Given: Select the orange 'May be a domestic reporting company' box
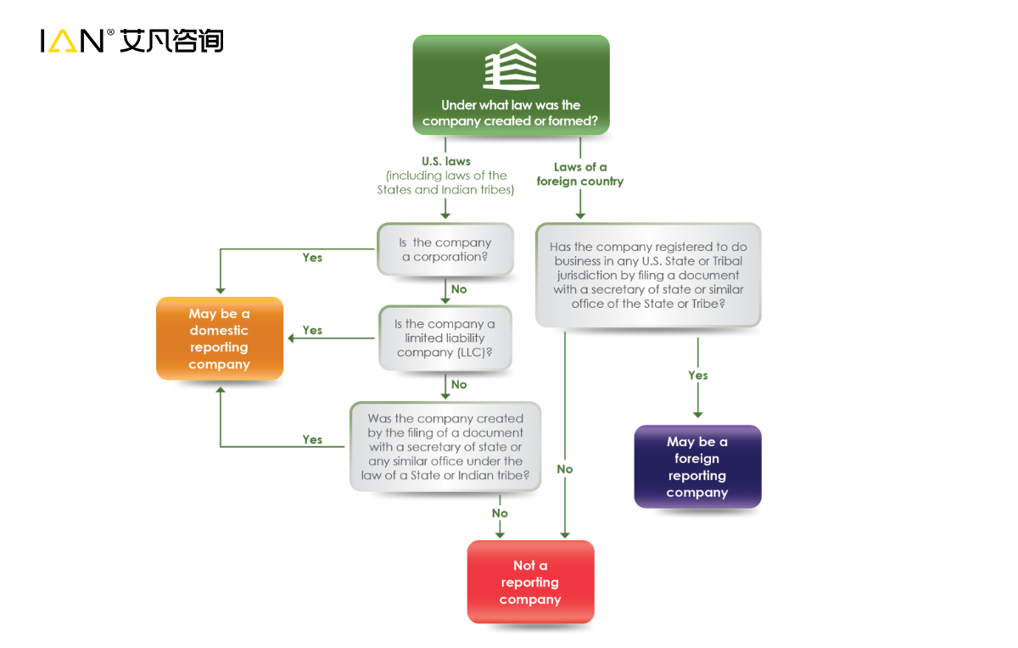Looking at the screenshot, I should click(x=220, y=338).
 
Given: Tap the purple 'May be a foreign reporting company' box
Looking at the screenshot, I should click(x=697, y=466).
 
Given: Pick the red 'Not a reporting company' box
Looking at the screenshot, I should click(x=530, y=582).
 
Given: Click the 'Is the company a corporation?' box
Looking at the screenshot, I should click(x=445, y=249).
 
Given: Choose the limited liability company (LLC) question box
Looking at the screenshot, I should click(x=445, y=338).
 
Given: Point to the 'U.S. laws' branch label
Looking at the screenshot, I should click(x=445, y=160).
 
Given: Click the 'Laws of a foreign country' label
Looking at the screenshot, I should click(x=580, y=174).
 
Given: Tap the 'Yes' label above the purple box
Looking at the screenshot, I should click(x=698, y=375).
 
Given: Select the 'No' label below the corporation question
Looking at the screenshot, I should click(x=459, y=289).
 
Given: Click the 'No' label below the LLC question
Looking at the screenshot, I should click(x=459, y=384).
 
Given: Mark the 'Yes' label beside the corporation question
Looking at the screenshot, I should click(x=312, y=258).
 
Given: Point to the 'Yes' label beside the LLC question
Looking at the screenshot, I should click(x=312, y=331).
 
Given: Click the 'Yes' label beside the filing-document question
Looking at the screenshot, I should click(x=312, y=439).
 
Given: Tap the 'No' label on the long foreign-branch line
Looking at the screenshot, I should click(x=565, y=469).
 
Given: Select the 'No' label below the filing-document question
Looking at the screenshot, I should click(x=500, y=513).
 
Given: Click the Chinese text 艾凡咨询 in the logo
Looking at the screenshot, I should click(x=171, y=40).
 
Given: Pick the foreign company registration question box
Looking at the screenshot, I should click(x=648, y=275).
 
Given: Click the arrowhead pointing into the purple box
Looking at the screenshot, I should click(x=698, y=414).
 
